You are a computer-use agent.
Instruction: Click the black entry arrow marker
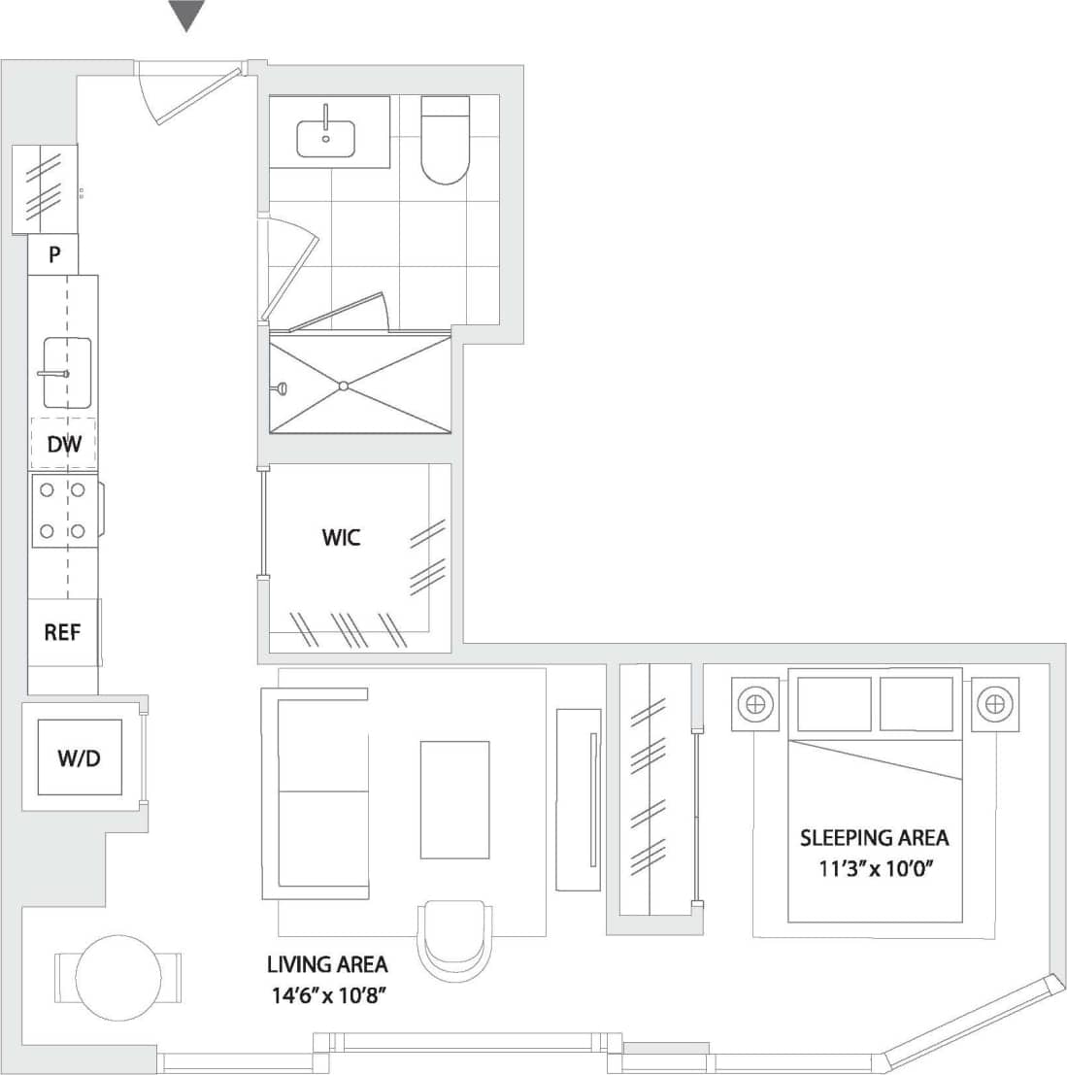pos(186,15)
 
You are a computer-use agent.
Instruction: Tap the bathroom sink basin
pos(325,139)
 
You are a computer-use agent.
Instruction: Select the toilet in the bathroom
pos(445,142)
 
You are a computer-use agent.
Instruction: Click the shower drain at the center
pos(343,386)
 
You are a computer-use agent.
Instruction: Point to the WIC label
pos(341,537)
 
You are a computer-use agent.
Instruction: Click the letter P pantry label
pos(55,256)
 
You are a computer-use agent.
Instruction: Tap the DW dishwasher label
pos(64,445)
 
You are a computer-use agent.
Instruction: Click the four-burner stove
pos(63,511)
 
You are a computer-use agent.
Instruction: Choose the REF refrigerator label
pos(62,632)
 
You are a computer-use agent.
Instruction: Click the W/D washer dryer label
pos(79,758)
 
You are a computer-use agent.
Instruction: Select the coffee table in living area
pos(454,799)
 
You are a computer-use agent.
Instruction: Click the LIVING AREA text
pos(327,964)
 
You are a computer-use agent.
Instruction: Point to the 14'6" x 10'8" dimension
pos(327,995)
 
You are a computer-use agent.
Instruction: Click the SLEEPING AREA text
pos(874,837)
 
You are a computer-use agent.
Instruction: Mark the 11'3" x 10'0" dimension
pos(874,869)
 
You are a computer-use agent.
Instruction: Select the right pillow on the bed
pos(916,704)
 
